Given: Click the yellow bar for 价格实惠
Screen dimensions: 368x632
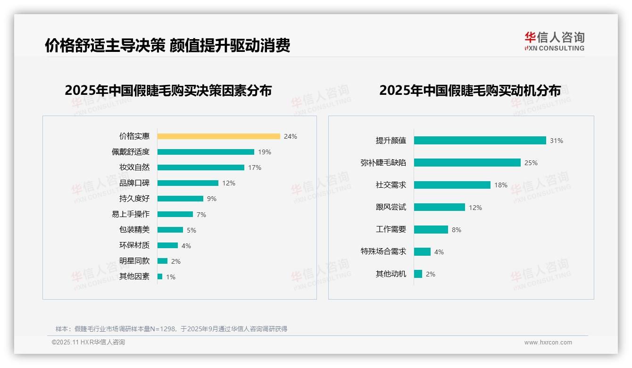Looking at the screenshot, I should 218,136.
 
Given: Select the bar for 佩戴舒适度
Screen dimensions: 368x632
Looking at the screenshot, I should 206,152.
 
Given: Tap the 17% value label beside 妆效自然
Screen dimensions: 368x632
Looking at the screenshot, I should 255,167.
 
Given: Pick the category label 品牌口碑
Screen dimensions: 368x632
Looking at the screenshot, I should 134,183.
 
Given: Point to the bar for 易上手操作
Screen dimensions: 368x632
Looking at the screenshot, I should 175,214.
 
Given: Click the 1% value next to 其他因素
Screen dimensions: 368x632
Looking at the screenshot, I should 170,277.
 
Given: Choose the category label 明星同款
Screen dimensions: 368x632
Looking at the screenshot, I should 134,261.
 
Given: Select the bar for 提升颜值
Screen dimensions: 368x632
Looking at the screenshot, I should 480,141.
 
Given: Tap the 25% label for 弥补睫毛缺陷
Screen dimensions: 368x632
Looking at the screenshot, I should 531,163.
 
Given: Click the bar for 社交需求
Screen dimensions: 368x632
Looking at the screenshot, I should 452,185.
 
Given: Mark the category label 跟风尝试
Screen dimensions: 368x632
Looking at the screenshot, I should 391,207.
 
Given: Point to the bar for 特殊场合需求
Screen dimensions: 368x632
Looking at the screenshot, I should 422,252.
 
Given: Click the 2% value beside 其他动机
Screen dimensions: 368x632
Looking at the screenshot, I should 430,274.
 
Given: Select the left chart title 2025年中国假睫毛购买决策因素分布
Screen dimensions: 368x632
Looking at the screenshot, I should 168,91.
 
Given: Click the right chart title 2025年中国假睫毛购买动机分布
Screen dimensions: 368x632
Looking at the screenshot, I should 470,91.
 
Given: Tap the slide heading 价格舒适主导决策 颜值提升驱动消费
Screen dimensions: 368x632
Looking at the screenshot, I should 167,45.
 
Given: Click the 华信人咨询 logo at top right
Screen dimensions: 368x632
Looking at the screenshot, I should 554,42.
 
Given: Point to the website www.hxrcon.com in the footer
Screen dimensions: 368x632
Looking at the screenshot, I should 548,343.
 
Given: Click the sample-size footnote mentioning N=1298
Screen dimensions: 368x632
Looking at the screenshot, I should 171,329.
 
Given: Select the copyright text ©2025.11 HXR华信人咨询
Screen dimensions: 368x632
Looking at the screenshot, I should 88,343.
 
